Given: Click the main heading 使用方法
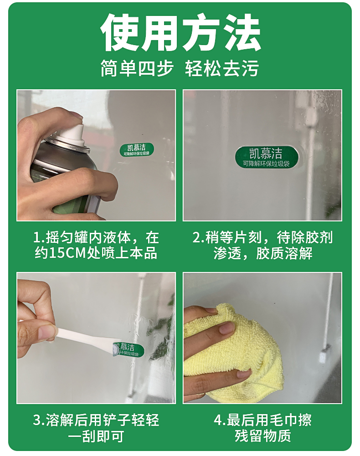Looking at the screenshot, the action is (x=180, y=32).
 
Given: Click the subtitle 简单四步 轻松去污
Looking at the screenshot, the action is (x=180, y=68).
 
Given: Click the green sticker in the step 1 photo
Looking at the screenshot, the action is (x=137, y=149).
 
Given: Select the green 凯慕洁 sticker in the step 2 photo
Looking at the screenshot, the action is (x=266, y=157).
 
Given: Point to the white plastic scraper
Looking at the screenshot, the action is (x=84, y=338).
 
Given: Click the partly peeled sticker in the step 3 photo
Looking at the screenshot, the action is (x=128, y=349).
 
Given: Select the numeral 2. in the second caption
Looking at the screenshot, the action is (x=199, y=238).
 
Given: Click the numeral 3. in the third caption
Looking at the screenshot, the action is (x=39, y=420).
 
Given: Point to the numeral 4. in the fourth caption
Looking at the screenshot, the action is (x=220, y=420).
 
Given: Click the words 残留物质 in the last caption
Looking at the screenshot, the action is (x=263, y=436).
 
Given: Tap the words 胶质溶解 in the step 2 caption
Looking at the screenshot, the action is (x=284, y=253).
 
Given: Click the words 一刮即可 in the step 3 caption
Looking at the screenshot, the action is (x=96, y=436).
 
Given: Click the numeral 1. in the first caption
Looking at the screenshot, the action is (x=39, y=238).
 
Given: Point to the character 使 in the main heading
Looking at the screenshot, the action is (x=119, y=32).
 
